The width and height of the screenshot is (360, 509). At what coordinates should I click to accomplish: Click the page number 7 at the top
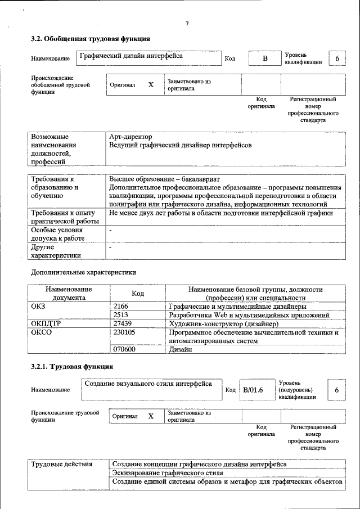pos(186,23)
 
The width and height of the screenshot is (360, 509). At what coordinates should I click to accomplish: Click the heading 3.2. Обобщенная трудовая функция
pos(90,39)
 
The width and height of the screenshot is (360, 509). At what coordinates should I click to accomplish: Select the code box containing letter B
pos(265,59)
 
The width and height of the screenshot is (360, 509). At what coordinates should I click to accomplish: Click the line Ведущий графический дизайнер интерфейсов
pos(180,145)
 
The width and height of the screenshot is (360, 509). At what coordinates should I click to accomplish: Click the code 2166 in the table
pos(121,307)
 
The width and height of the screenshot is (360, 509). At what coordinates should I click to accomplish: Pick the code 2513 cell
pos(121,315)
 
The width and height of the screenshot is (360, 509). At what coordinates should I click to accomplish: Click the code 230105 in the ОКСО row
pos(124,332)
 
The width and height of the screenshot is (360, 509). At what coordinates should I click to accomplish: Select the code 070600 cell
pos(124,349)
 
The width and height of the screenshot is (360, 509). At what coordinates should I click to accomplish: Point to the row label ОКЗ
pos(38,307)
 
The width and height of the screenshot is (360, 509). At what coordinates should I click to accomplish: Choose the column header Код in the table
pos(138,293)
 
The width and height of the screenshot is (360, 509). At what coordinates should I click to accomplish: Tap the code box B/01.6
pos(253,390)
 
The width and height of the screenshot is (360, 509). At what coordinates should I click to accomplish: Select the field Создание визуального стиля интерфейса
pos(148,384)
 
